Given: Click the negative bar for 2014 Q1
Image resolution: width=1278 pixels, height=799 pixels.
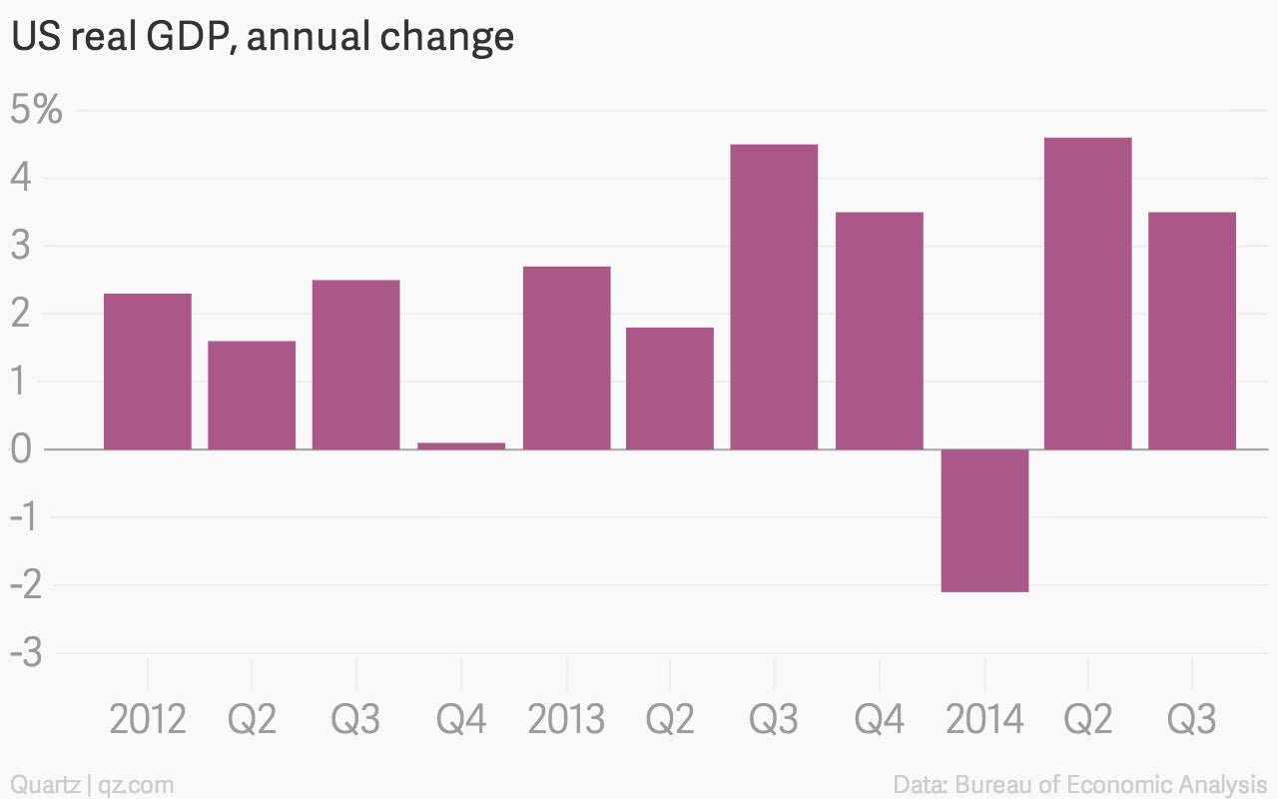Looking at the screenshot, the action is click(984, 520).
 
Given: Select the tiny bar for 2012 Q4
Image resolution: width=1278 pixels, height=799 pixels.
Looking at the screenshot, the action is click(461, 445).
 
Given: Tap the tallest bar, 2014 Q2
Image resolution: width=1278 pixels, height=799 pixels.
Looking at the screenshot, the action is click(1088, 294).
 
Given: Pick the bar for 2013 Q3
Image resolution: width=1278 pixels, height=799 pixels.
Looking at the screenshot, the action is click(774, 297).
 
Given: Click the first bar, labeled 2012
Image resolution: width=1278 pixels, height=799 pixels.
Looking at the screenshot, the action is click(148, 372).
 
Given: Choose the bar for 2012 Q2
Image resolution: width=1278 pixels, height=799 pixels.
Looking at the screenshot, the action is click(252, 395).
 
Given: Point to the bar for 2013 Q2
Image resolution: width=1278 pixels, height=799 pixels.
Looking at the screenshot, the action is click(670, 389).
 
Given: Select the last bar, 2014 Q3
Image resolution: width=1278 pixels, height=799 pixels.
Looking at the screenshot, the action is click(1192, 331).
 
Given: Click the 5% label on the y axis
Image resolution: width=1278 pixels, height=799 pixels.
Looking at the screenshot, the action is click(36, 109).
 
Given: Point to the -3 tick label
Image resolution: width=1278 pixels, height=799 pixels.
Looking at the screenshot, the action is click(26, 652).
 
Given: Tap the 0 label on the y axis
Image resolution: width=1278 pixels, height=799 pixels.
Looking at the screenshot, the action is click(21, 449).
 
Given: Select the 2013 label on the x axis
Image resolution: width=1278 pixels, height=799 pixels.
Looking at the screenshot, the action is click(566, 718).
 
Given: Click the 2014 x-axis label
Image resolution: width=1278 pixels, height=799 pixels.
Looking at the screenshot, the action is click(984, 718).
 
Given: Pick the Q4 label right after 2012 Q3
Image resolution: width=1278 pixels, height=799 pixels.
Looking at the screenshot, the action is click(461, 720).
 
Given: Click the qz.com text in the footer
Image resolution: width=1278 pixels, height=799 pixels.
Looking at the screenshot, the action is click(136, 785).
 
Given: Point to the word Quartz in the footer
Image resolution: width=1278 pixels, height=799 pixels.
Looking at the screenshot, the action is click(45, 784).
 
